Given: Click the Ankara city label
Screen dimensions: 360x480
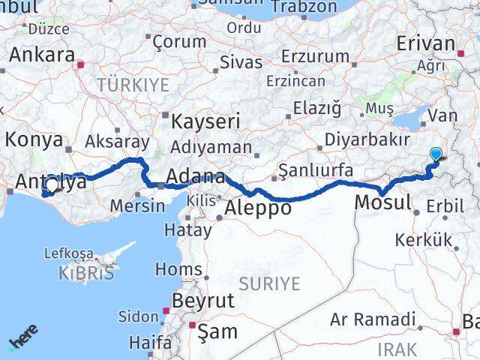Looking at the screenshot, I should (41, 55).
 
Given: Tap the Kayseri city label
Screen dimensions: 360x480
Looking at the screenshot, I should (205, 121).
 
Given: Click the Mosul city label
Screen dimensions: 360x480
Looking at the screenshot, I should (382, 202).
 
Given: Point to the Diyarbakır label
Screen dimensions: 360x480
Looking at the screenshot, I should (367, 140).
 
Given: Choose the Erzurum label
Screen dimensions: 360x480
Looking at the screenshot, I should (316, 56).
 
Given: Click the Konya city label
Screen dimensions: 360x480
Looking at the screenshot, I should (33, 139).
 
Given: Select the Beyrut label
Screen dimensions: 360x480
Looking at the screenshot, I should (203, 301).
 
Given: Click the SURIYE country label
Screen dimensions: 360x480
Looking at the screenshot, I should (269, 283).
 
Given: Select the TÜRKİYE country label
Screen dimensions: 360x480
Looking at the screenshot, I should (133, 85).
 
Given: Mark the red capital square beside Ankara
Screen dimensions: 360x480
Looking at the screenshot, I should (81, 64).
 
